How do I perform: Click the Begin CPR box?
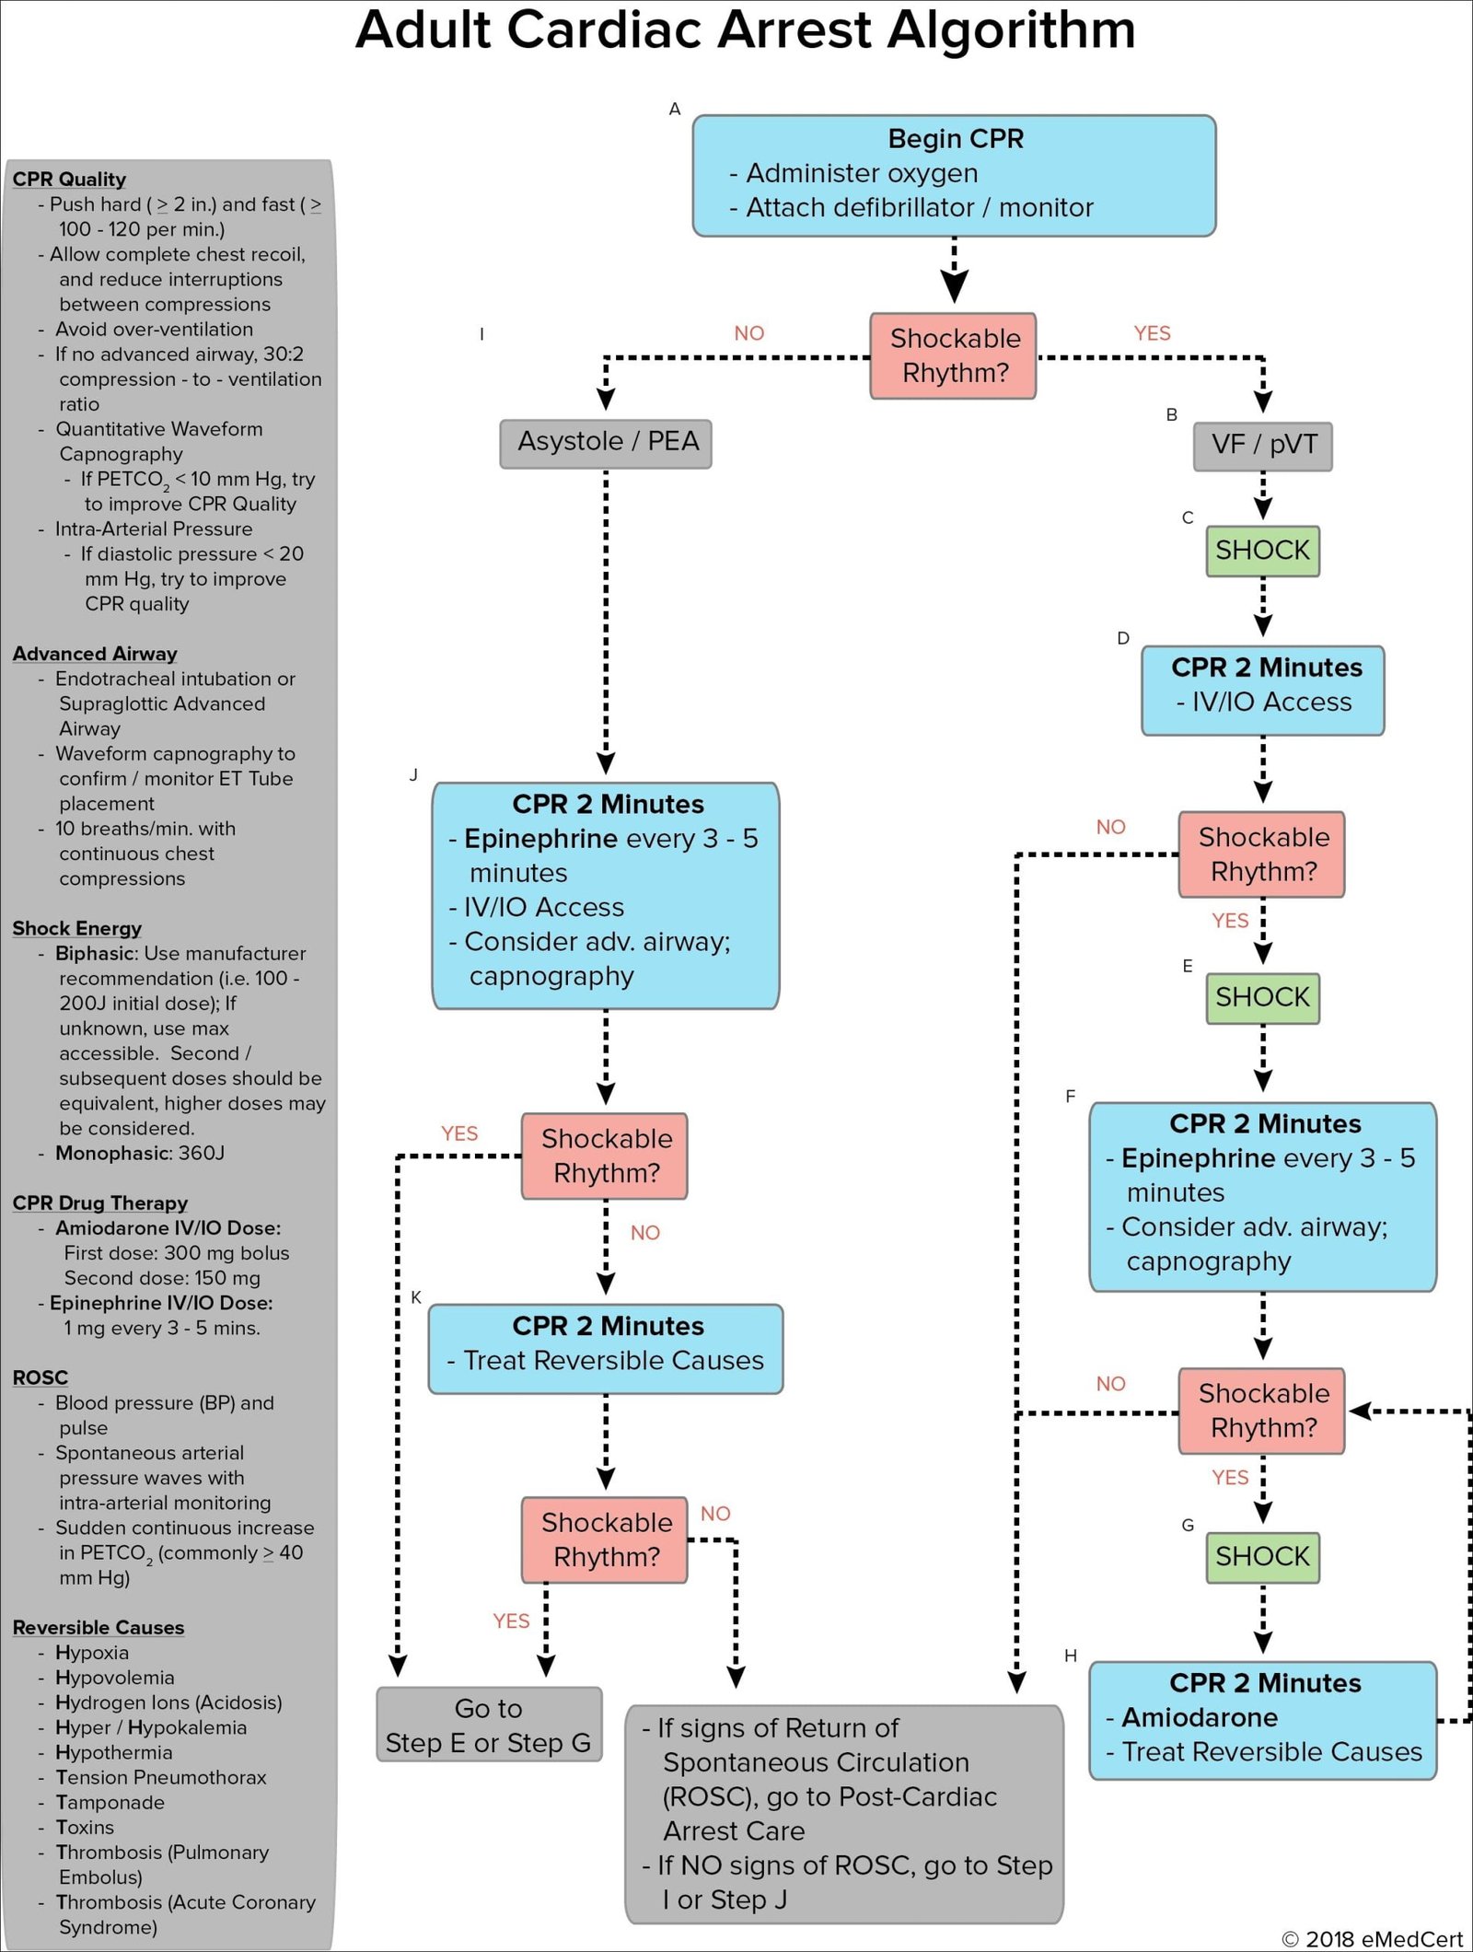click(x=954, y=175)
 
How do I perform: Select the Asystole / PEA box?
click(x=606, y=443)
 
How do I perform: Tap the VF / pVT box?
click(x=1262, y=446)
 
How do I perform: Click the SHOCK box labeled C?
click(x=1262, y=551)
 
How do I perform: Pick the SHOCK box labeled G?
click(x=1262, y=1557)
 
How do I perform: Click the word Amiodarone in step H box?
click(x=1199, y=1717)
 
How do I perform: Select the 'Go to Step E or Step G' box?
click(x=489, y=1725)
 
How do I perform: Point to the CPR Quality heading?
click(x=69, y=179)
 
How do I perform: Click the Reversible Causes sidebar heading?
click(x=98, y=1627)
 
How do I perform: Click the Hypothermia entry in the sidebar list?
click(x=113, y=1752)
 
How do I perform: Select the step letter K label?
click(x=416, y=1297)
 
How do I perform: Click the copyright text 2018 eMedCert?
click(x=1372, y=1938)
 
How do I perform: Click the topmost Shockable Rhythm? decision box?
click(x=954, y=355)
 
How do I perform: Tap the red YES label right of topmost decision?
click(x=1152, y=333)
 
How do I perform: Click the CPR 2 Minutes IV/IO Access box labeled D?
click(x=1262, y=691)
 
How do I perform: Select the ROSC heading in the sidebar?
click(x=40, y=1377)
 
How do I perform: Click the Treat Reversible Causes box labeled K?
click(x=606, y=1348)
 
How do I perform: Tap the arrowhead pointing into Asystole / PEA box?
click(x=606, y=400)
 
